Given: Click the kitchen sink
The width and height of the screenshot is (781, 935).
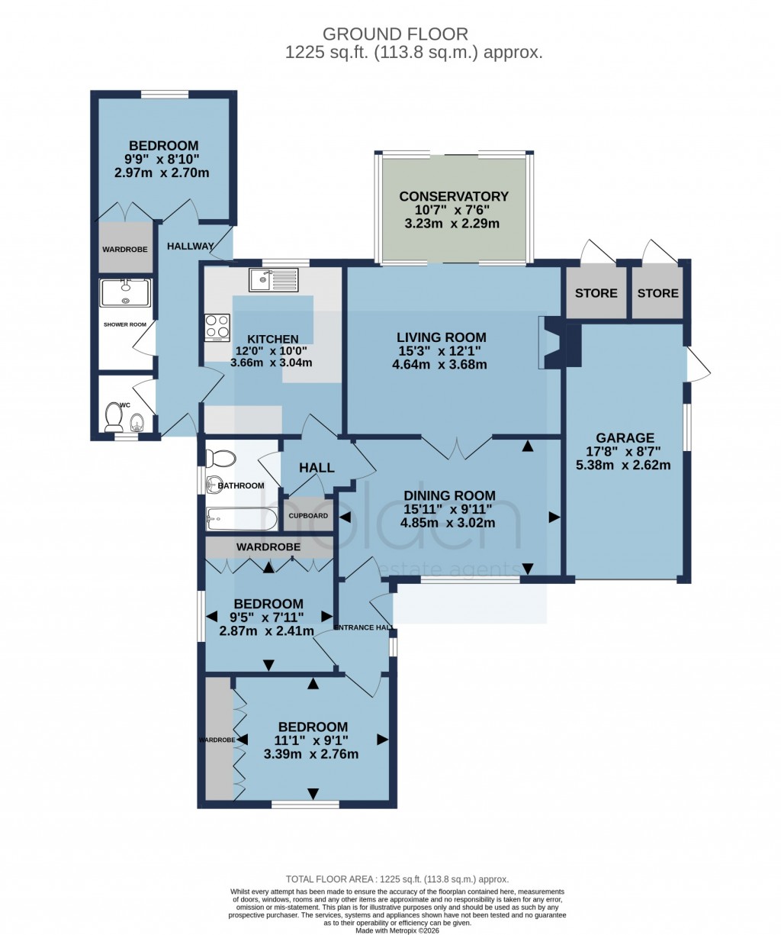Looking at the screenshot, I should click(274, 280).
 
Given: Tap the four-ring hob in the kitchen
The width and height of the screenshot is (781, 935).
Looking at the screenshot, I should click(217, 327).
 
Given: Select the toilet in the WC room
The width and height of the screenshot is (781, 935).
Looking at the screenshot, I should click(114, 417).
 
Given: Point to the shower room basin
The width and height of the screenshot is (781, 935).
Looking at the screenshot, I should click(126, 292).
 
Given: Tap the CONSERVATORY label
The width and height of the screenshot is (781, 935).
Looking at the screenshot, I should click(454, 196).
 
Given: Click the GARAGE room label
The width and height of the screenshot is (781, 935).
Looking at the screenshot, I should click(625, 438).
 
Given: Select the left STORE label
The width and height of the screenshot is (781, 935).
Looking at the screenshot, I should click(596, 293).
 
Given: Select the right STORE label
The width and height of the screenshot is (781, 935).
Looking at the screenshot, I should click(657, 293).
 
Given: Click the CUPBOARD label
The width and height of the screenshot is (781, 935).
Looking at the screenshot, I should click(308, 516).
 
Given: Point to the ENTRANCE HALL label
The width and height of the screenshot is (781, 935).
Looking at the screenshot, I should click(364, 627).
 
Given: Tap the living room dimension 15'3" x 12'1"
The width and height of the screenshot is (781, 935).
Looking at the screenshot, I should click(441, 351).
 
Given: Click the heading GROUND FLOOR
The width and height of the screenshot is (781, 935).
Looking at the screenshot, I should click(395, 34).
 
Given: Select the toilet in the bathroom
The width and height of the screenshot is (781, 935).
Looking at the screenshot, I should click(222, 458).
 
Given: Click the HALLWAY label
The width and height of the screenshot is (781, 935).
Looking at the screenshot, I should click(191, 246).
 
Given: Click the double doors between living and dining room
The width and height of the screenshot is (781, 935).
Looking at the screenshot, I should click(456, 448).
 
